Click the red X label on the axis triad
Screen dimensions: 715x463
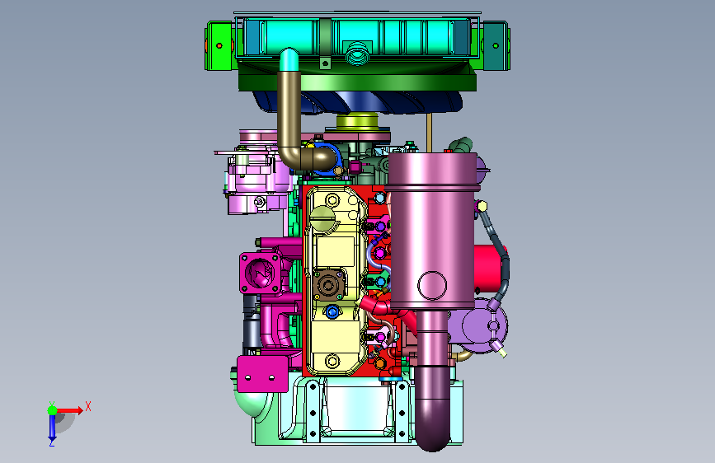[88, 406]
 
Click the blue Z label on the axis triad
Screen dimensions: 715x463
[52, 442]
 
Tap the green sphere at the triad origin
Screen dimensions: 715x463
[53, 410]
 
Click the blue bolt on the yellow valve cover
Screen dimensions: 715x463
[332, 312]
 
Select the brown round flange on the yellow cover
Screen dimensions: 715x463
[328, 285]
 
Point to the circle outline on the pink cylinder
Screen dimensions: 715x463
[432, 285]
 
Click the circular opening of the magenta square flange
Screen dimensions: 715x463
[260, 273]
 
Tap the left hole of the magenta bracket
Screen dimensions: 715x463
[248, 378]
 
